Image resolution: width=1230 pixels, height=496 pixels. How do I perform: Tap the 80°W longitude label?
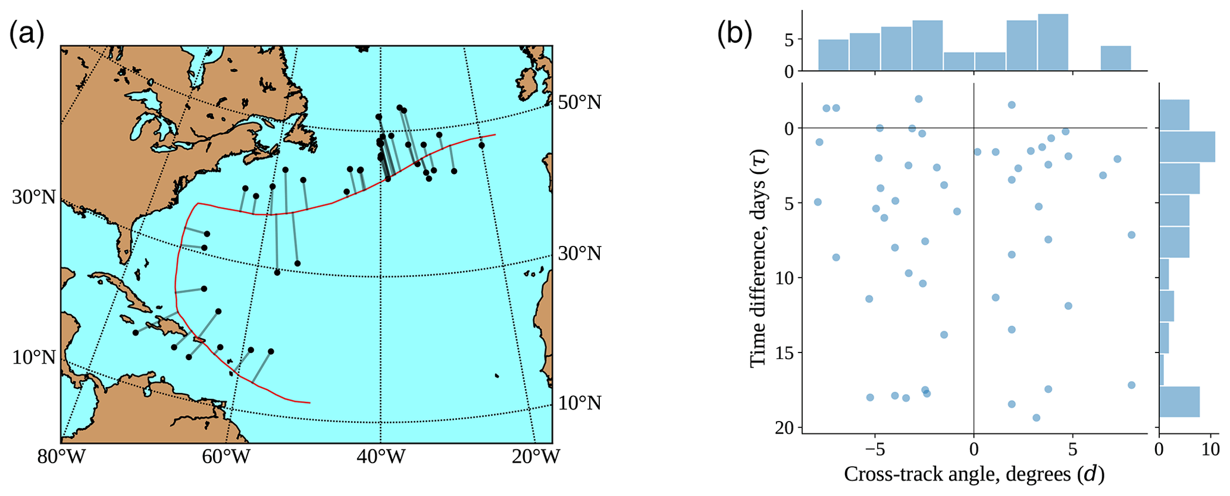coord(61,457)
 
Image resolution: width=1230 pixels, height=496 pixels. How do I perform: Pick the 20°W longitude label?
coord(536,457)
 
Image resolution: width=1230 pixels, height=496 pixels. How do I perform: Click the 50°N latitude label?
coord(580,102)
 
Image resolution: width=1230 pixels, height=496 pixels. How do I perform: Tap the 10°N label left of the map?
coord(34,358)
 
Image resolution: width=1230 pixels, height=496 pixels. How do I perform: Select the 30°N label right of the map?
coord(580,254)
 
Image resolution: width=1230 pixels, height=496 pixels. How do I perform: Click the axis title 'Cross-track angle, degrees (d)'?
coord(974,475)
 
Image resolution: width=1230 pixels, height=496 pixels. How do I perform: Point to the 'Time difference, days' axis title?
coord(757,258)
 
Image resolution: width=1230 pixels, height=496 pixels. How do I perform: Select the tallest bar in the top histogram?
coord(1053,42)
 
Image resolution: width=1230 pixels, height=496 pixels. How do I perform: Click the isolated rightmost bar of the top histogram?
coord(1115,58)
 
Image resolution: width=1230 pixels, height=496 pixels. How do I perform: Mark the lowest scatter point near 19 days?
coord(1036,417)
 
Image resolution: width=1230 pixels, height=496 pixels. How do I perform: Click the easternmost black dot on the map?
coord(481,145)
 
